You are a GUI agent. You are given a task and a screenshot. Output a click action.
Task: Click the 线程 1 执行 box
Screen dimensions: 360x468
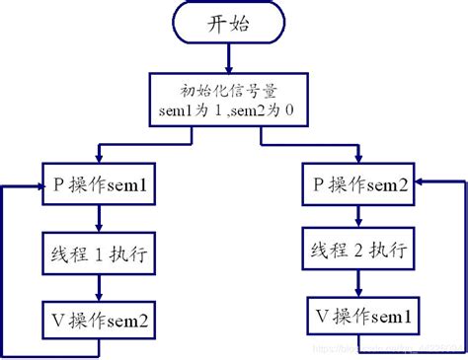(98, 253)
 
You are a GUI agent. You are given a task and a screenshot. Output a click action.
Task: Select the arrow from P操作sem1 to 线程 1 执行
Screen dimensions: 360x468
(98, 220)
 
